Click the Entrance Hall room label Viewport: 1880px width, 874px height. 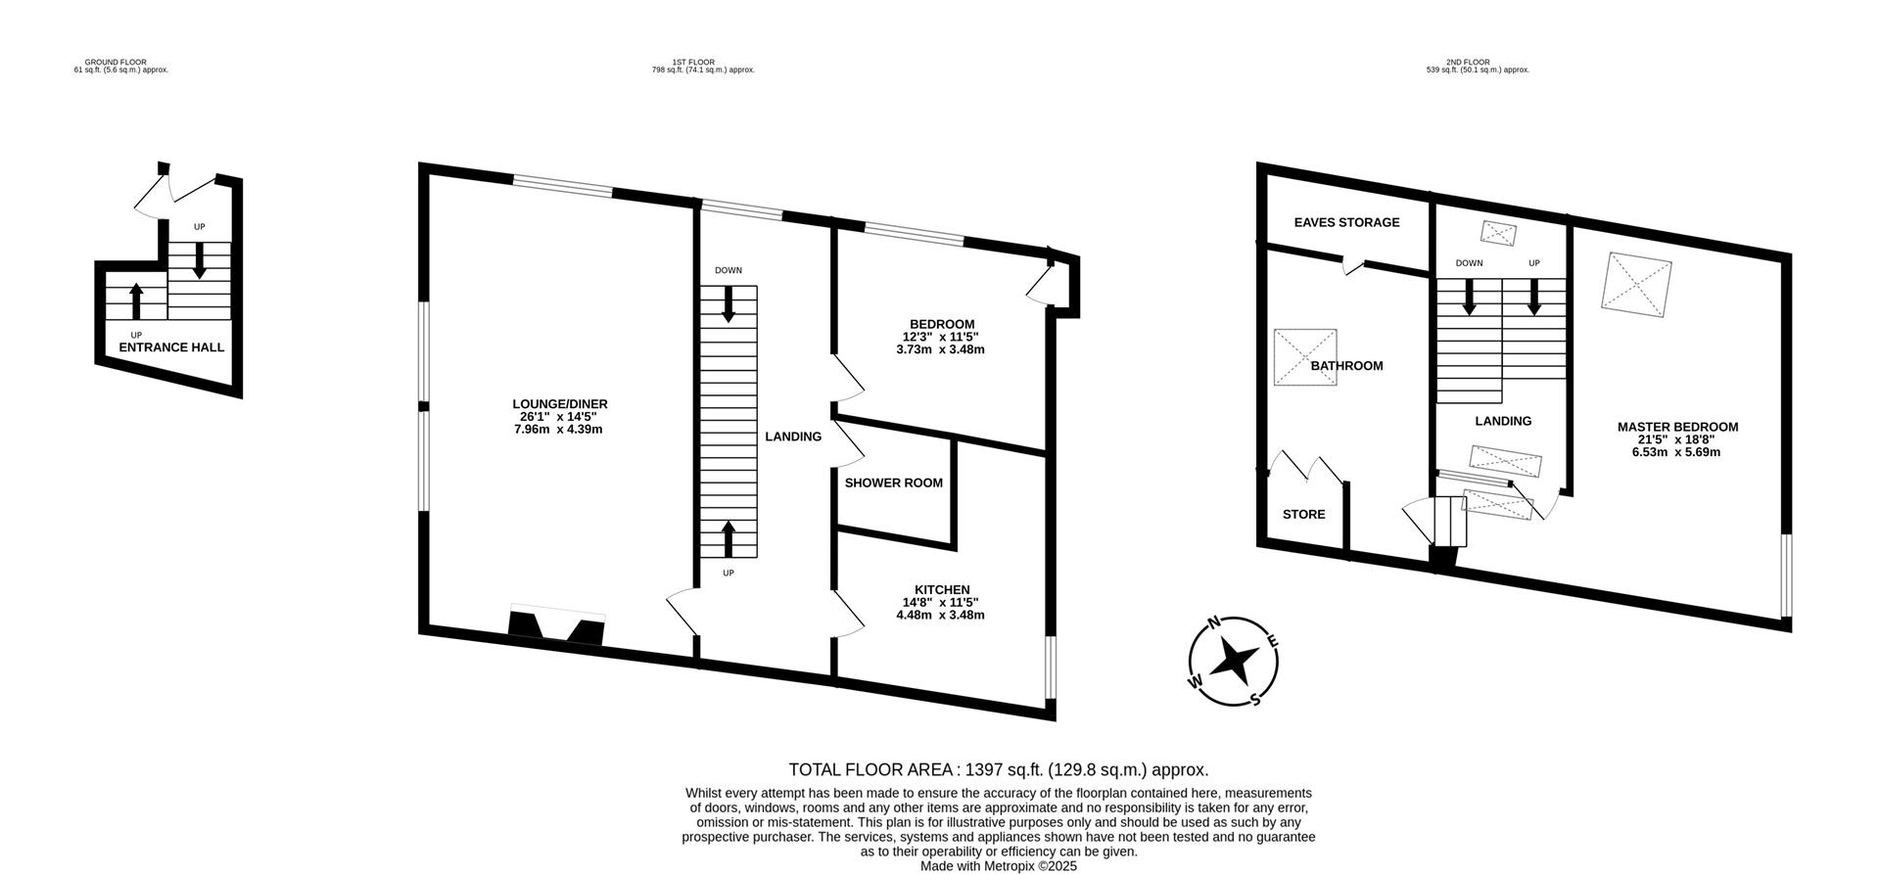pos(171,347)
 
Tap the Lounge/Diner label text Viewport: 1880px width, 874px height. pos(560,404)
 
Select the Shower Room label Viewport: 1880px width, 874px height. pos(893,483)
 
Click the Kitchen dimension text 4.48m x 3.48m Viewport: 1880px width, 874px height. pos(940,616)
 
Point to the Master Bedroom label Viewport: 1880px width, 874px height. pos(1677,427)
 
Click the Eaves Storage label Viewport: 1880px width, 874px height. pos(1346,222)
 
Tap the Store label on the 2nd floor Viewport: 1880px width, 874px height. pos(1303,514)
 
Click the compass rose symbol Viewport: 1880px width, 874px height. pos(1232,663)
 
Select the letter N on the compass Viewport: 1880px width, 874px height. pos(1214,623)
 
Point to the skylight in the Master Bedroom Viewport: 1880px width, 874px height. pos(1636,285)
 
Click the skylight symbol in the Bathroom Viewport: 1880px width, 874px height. pos(1304,357)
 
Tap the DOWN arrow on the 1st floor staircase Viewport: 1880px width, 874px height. pos(728,303)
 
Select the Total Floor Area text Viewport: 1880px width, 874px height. pos(999,770)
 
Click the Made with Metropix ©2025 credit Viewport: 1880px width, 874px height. pos(999,866)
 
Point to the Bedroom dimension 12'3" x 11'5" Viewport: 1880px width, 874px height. pos(941,337)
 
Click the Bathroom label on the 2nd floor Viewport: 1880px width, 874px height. pos(1346,366)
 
